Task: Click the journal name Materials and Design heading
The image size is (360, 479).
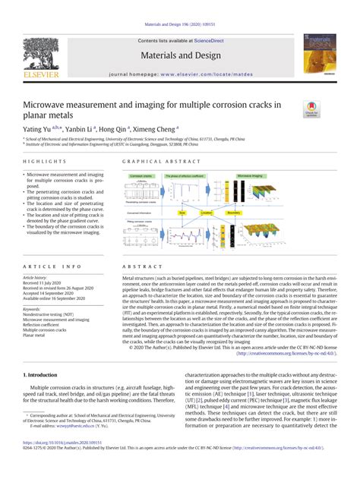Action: (x=181, y=55)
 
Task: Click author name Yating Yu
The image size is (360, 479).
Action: (x=37, y=130)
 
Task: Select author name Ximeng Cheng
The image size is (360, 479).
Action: (x=156, y=130)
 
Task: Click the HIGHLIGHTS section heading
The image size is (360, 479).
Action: (x=39, y=162)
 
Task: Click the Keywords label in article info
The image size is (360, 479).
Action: (x=33, y=309)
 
